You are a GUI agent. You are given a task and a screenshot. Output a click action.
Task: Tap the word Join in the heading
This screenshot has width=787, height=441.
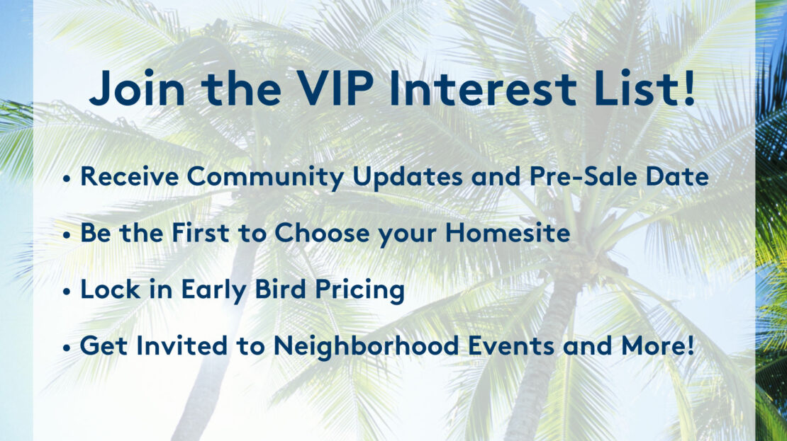pyautogui.click(x=137, y=88)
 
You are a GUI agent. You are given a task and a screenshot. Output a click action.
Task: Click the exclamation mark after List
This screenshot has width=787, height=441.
pyautogui.click(x=688, y=88)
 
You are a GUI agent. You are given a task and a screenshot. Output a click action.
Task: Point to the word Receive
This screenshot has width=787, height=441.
pyautogui.click(x=130, y=176)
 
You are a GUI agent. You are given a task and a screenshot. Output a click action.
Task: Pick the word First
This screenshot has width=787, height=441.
pyautogui.click(x=201, y=233)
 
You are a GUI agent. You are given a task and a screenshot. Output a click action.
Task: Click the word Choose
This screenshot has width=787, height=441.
pyautogui.click(x=323, y=233)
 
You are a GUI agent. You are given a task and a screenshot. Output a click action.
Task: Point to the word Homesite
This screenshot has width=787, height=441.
pyautogui.click(x=508, y=233)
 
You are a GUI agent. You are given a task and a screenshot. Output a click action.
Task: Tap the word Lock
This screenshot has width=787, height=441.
pyautogui.click(x=111, y=289)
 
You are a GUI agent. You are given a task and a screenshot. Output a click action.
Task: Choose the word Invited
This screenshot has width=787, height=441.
pyautogui.click(x=182, y=345)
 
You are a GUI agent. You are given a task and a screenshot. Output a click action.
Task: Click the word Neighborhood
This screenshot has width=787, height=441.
pyautogui.click(x=367, y=346)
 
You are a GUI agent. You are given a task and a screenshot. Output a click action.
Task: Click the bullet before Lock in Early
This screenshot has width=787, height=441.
pyautogui.click(x=67, y=292)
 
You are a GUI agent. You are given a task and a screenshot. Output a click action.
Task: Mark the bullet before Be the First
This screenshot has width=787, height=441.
pyautogui.click(x=67, y=236)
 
